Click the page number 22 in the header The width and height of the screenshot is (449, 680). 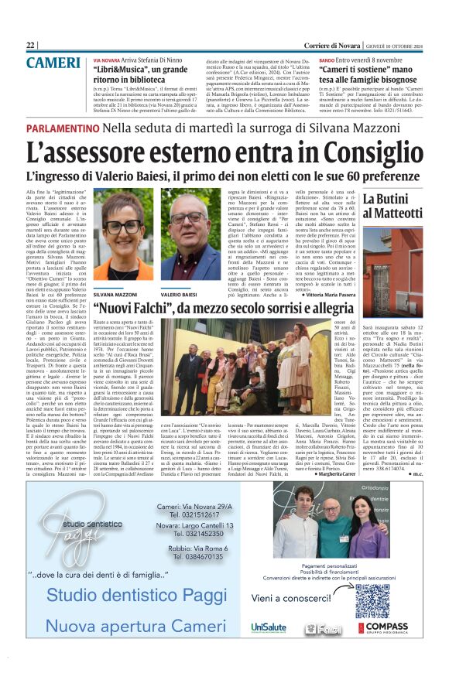(30, 45)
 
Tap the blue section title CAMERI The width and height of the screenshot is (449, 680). (53, 63)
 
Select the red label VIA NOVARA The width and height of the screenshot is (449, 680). (106, 60)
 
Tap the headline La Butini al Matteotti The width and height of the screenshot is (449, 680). (393, 206)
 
